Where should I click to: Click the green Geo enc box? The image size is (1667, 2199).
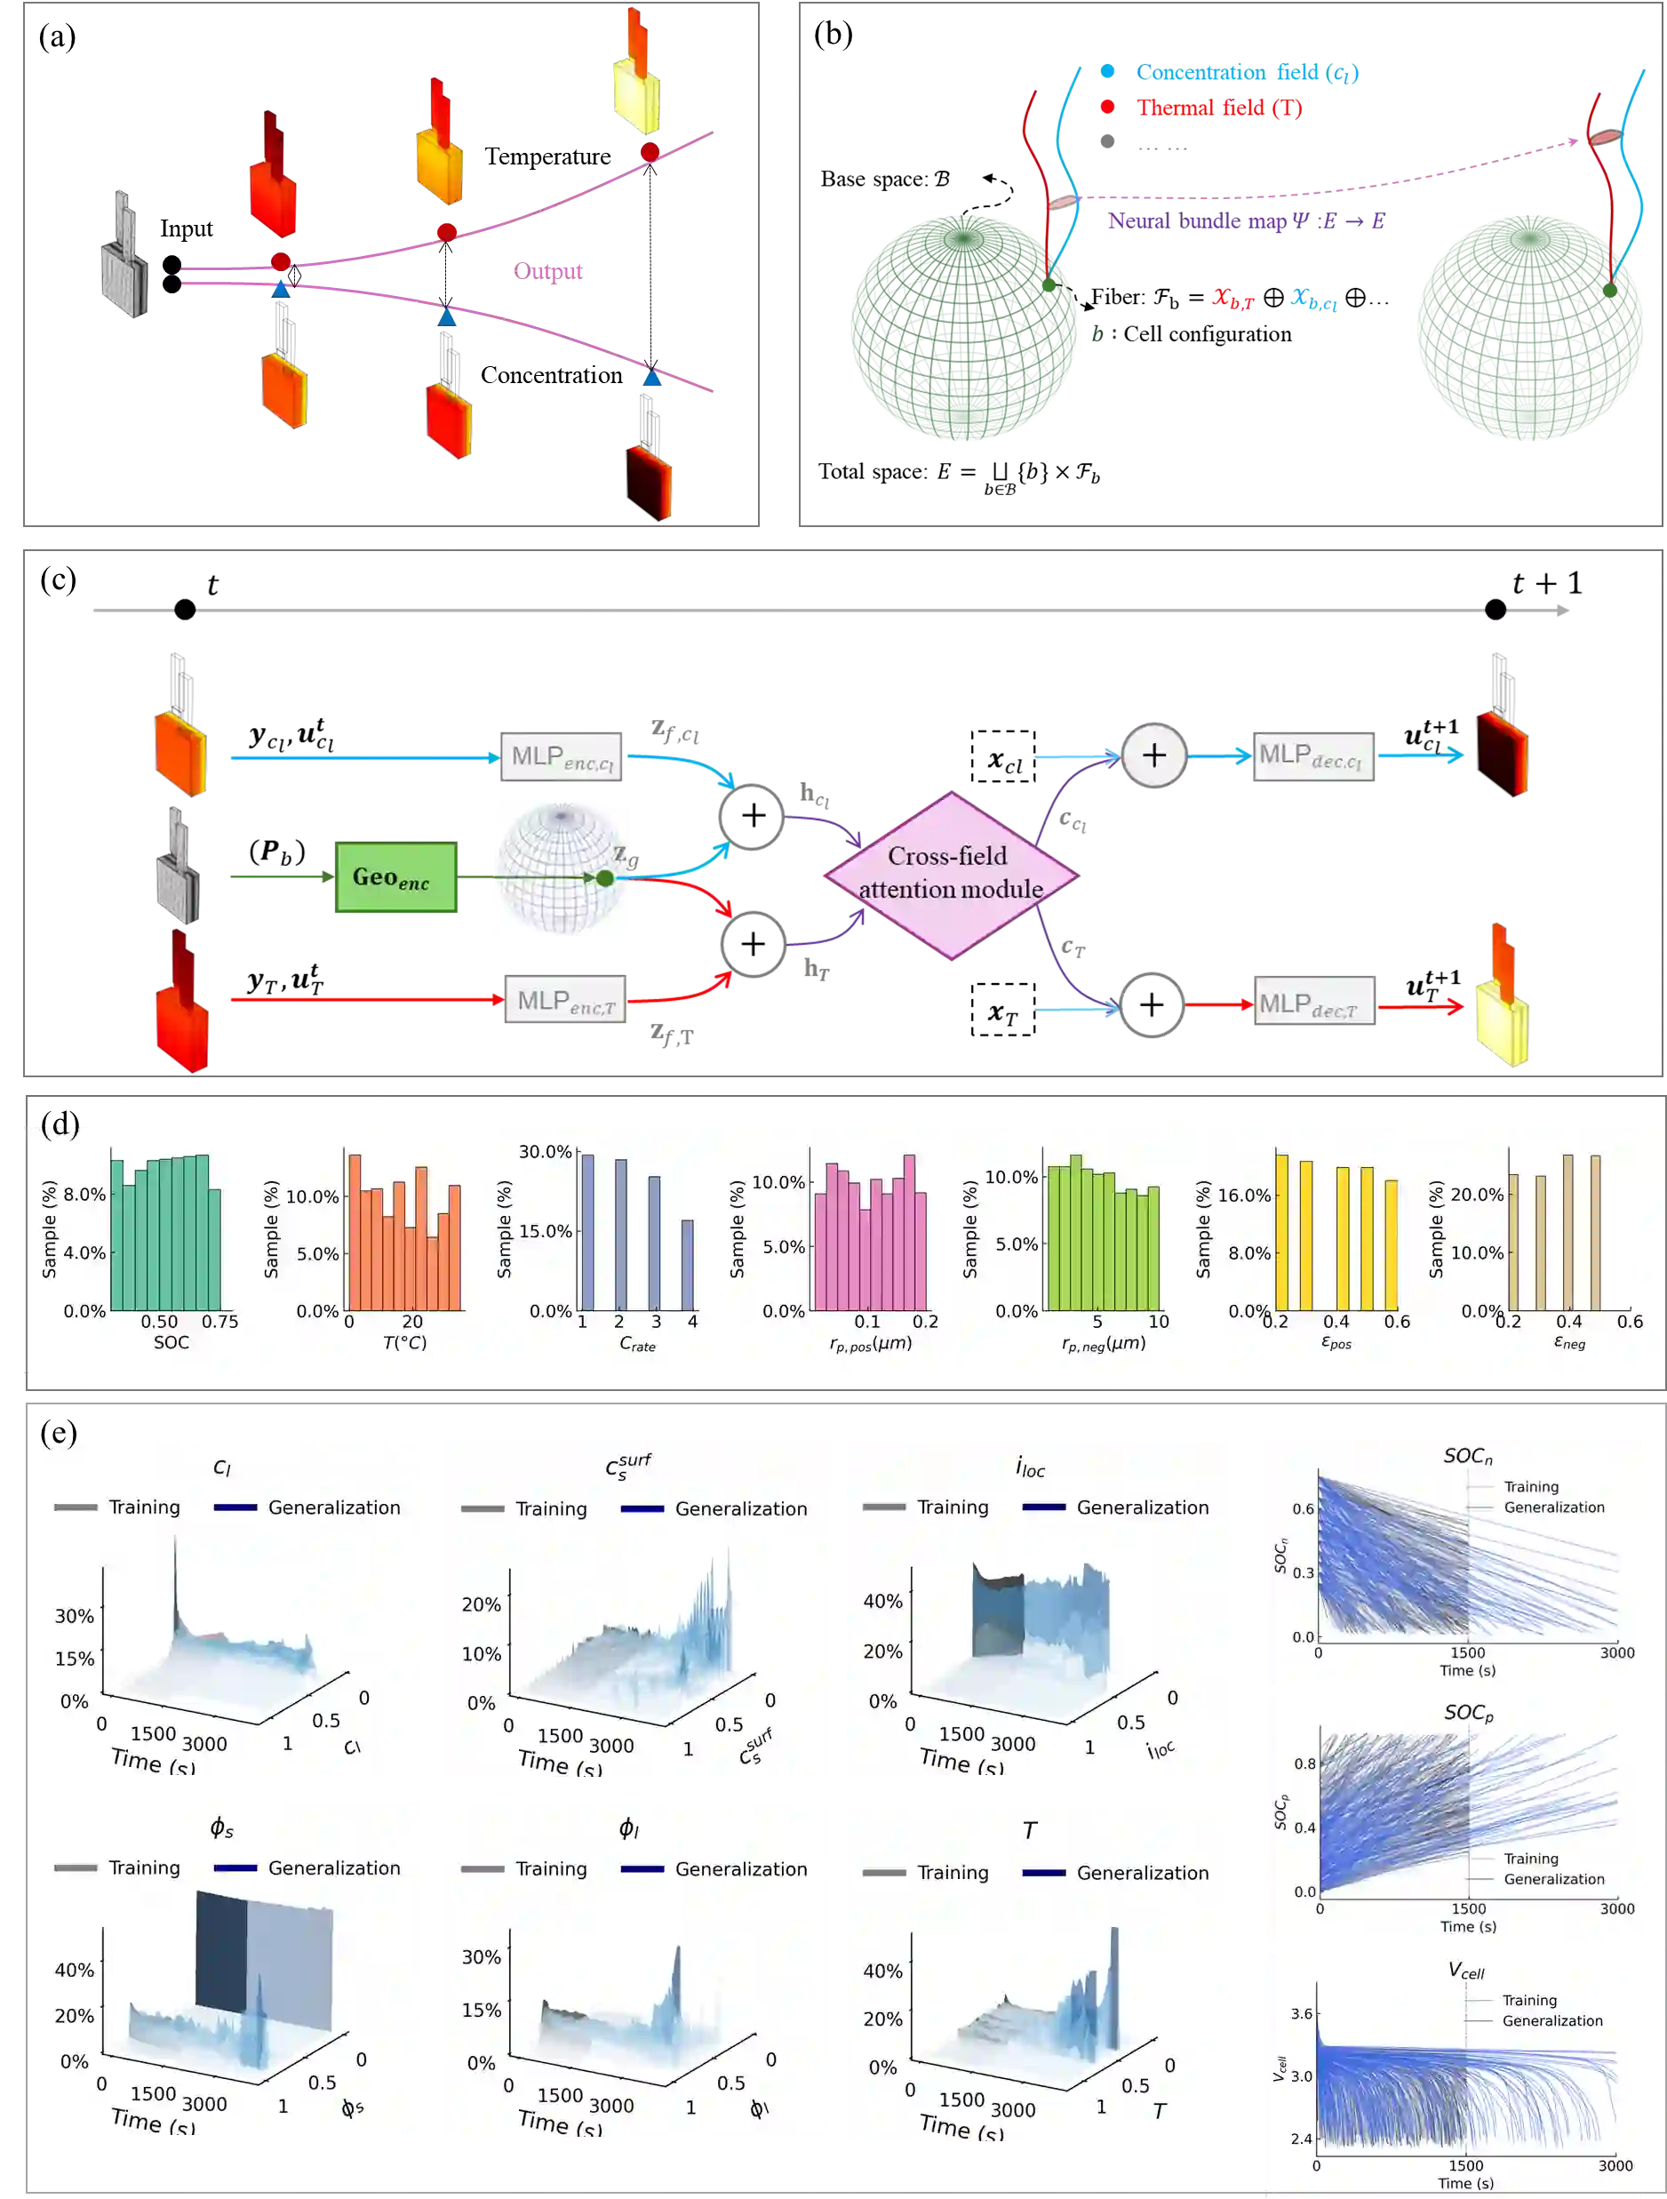396,876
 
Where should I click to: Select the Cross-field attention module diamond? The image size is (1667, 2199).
950,875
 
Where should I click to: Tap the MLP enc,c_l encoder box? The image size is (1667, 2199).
562,757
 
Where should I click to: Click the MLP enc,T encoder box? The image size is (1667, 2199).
566,1000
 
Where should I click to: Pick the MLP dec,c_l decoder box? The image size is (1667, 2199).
1313,756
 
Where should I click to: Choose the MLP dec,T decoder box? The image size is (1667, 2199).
1313,1004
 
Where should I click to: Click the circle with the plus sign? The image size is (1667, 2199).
1153,756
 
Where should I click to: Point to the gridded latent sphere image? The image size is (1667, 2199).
561,867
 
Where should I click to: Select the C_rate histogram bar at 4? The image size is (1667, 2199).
687,1265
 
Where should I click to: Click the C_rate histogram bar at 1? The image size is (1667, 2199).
587,1233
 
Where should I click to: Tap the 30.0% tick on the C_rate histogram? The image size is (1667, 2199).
545,1152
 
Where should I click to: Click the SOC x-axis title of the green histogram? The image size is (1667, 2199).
171,1342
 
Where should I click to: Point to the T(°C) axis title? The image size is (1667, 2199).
404,1343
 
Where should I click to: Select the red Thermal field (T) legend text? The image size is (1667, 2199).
1220,107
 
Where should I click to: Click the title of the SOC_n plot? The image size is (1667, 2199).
1467,1457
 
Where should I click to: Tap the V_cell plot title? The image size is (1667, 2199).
1465,1971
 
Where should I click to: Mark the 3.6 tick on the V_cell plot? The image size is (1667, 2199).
1300,2014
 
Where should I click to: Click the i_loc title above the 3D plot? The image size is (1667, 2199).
1030,1467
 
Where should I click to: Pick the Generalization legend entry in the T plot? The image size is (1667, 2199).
1142,1873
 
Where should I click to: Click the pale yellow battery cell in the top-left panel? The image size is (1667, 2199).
636,94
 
